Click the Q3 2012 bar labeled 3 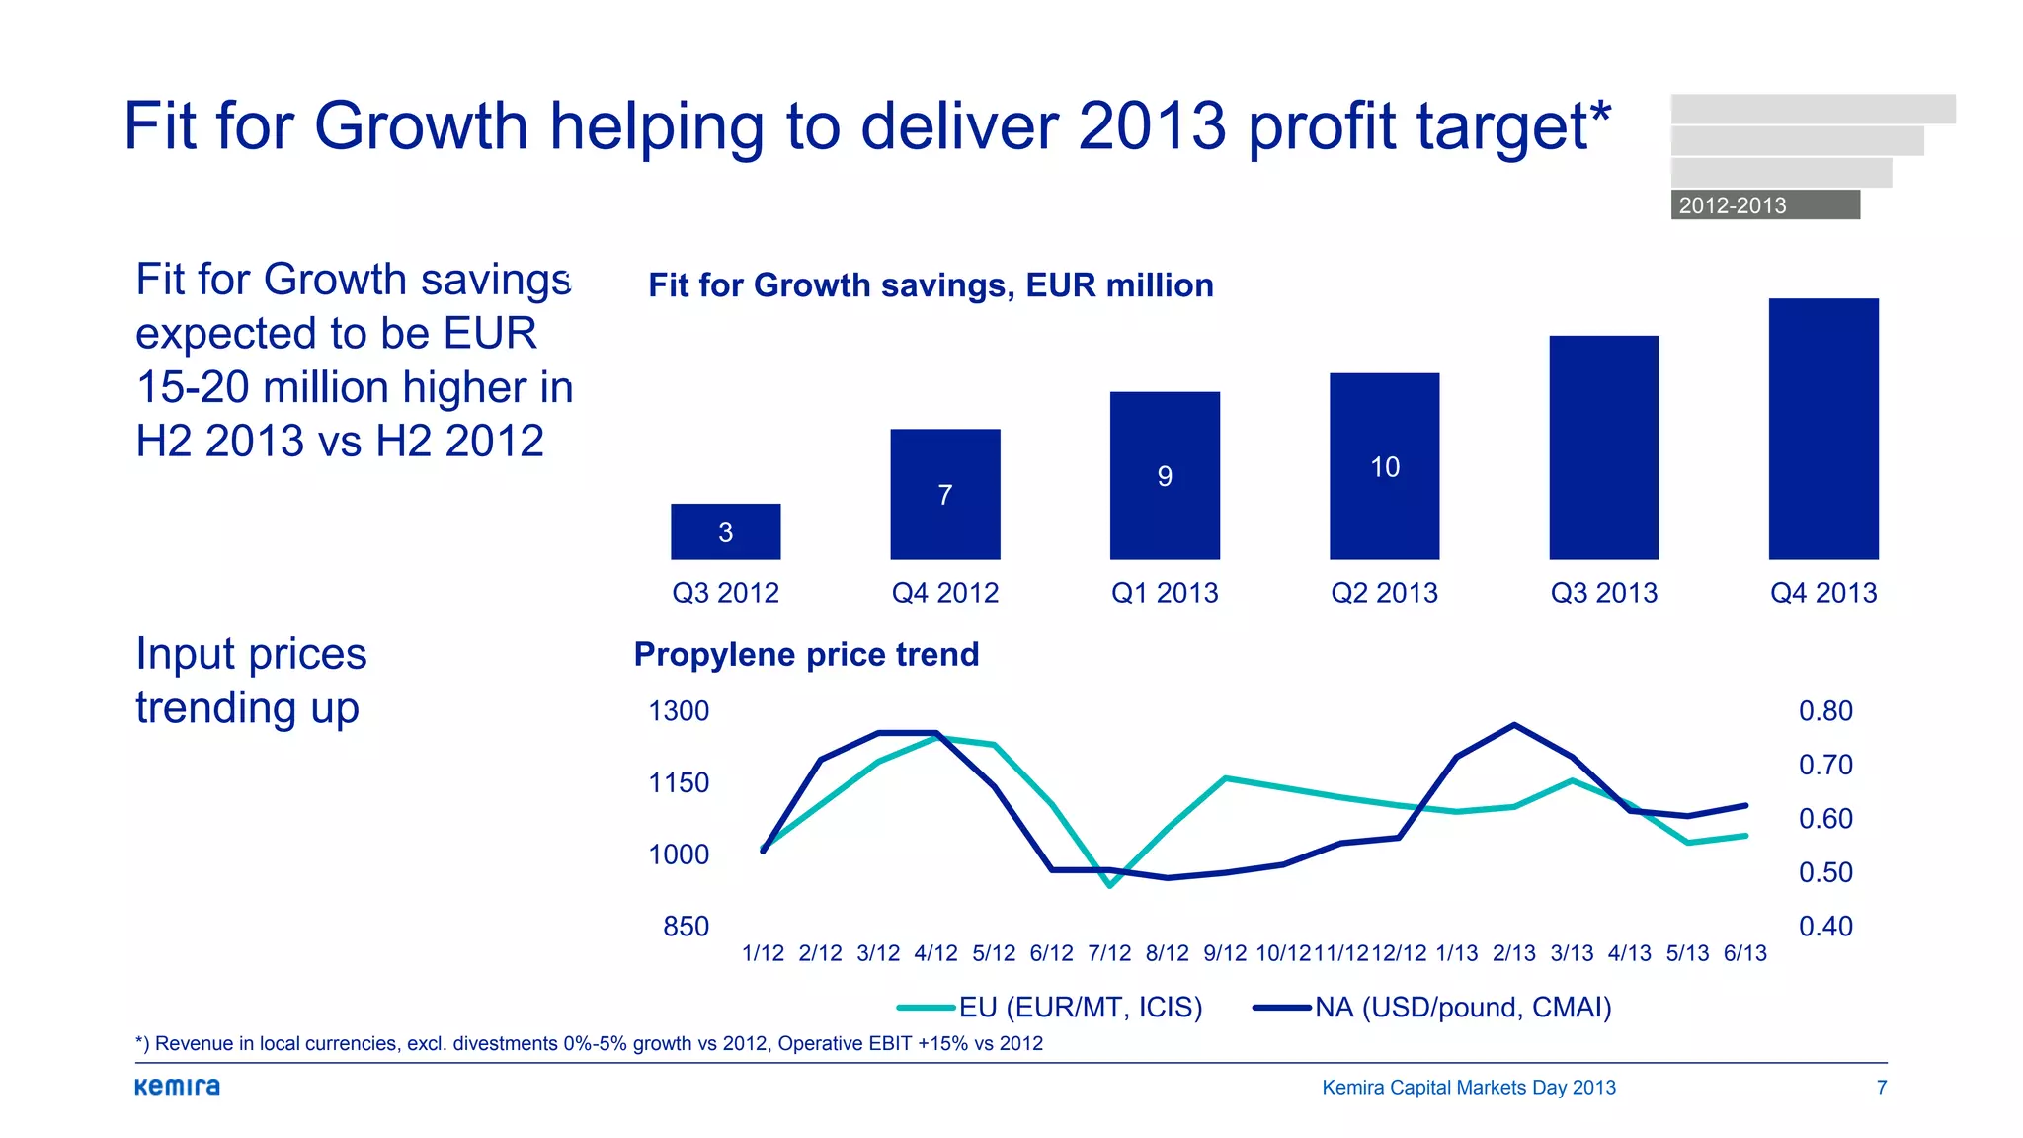[725, 531]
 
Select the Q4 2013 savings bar [1823, 429]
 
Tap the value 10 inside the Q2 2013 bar [1385, 467]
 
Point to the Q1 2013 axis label [1165, 593]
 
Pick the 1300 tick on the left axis [679, 711]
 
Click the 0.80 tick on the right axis [1825, 711]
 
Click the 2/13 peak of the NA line [1514, 725]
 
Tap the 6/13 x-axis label [1745, 953]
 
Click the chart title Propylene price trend [806, 654]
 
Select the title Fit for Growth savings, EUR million [931, 285]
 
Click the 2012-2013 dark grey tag [1765, 204]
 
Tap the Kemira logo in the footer [178, 1087]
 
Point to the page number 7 [1882, 1088]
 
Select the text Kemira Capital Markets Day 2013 [1469, 1088]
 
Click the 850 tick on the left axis [686, 927]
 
